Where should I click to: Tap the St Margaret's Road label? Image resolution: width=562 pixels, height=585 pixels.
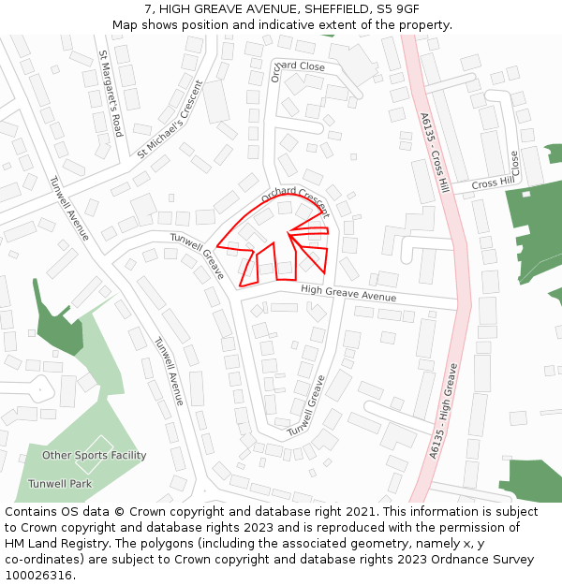tap(111, 94)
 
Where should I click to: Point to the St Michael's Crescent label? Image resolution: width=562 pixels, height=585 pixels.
tap(170, 119)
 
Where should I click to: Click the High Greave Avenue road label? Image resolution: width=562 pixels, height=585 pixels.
tap(348, 294)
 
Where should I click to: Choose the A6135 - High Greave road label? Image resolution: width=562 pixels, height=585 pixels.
tap(444, 410)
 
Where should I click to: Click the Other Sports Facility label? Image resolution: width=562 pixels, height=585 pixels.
tap(94, 456)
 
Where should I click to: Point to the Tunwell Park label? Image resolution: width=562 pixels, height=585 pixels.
tap(60, 484)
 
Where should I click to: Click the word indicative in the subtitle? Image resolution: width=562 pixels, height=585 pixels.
tap(272, 24)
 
